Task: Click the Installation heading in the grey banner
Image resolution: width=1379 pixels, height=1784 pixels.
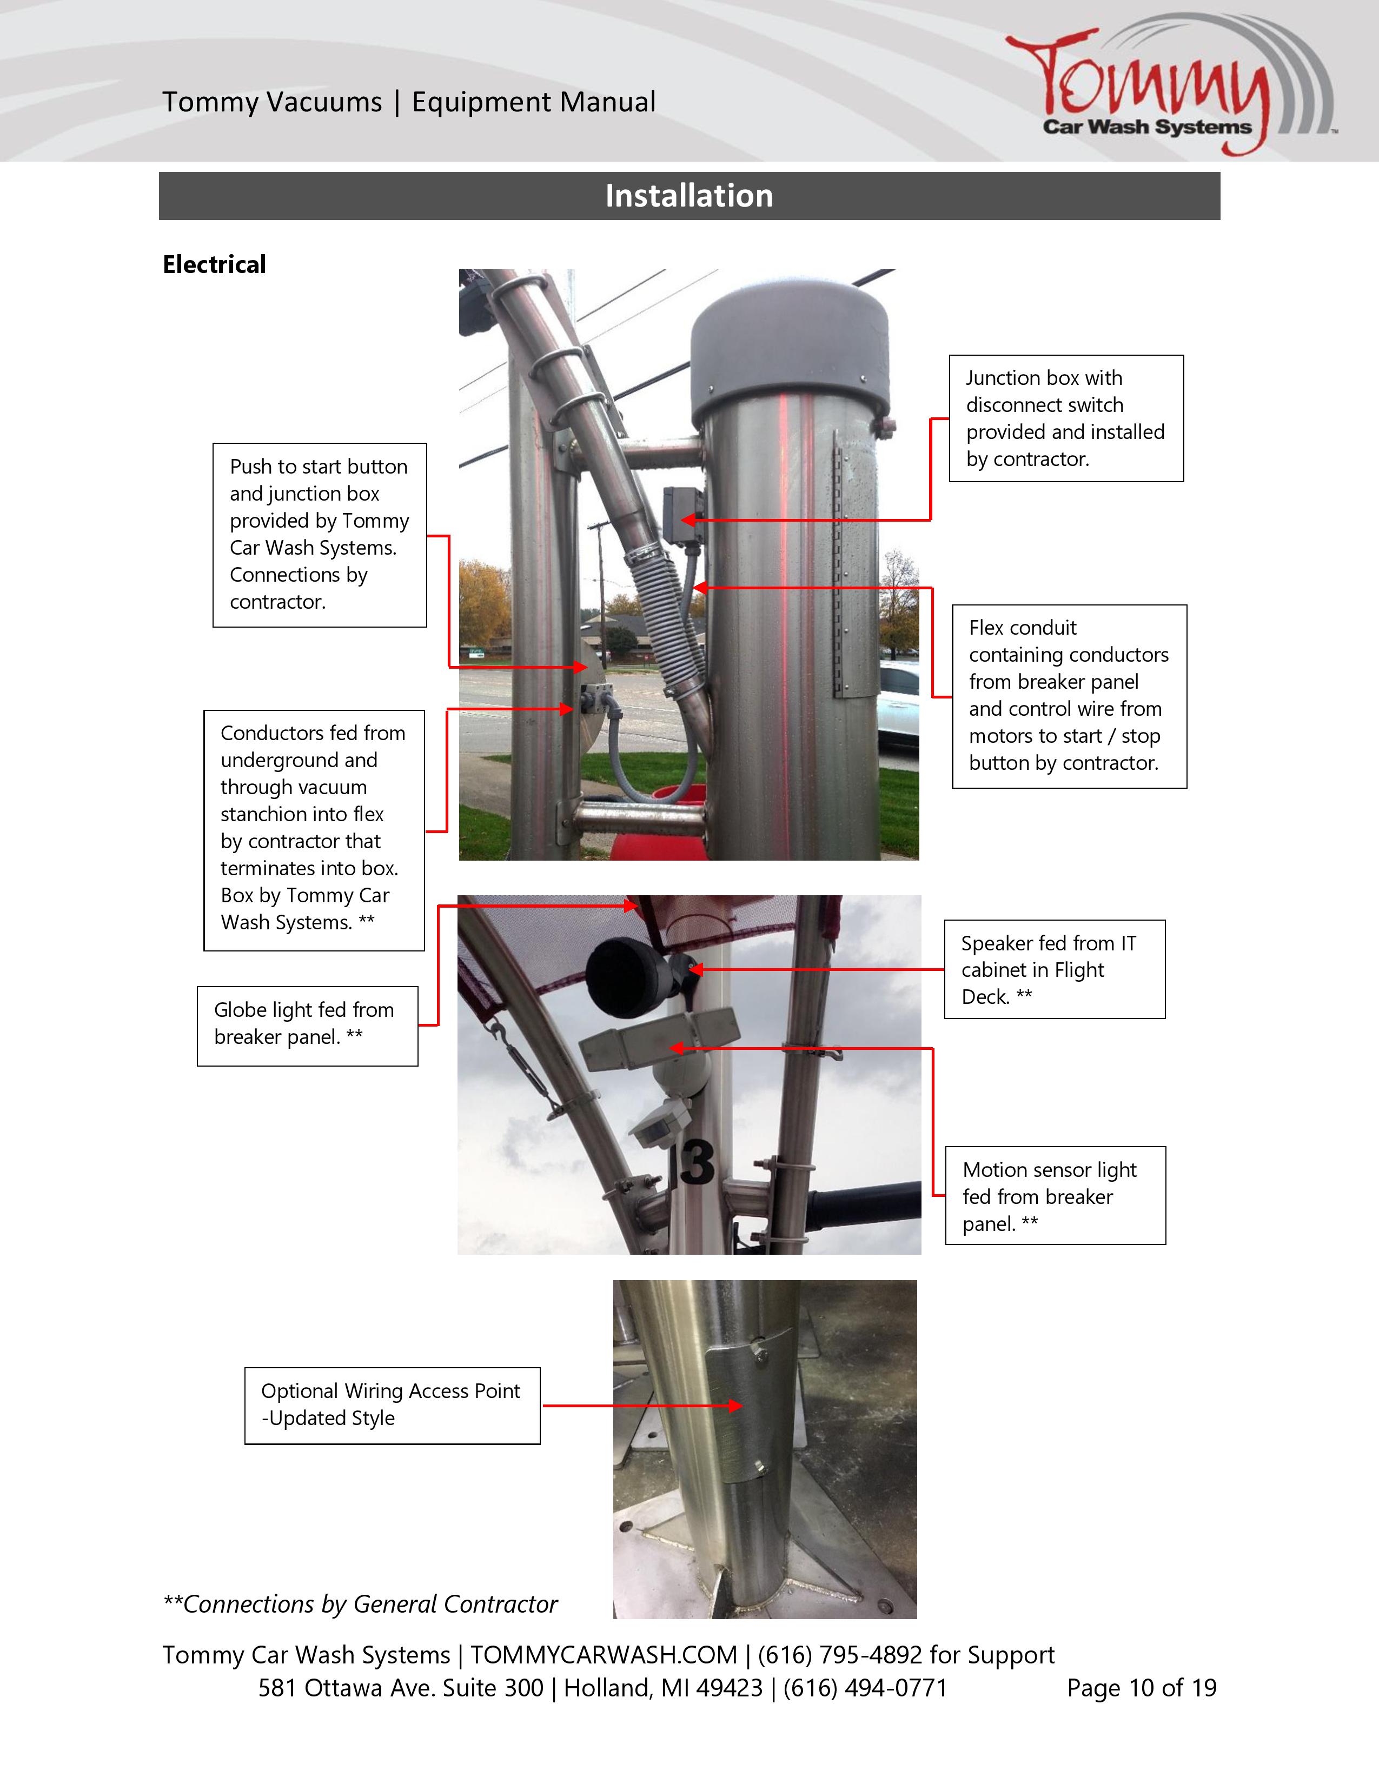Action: coord(688,196)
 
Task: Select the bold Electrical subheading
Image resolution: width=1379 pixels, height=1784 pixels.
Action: coord(214,265)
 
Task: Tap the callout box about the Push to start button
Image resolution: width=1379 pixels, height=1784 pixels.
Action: coord(320,535)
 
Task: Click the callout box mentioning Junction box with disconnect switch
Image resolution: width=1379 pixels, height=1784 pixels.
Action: coord(1065,418)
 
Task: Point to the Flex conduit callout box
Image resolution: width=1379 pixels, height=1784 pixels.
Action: coord(1069,696)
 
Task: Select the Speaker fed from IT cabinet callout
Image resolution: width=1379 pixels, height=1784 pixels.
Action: coord(1054,970)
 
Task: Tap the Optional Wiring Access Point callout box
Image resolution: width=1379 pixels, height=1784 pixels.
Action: coord(392,1406)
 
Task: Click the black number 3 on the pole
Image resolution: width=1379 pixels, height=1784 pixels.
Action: coord(697,1163)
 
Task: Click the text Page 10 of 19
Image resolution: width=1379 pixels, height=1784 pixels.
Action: coord(1141,1688)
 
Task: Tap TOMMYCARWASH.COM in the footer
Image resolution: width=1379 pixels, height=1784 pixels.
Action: coord(603,1655)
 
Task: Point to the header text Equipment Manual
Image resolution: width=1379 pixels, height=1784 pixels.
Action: coord(533,102)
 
